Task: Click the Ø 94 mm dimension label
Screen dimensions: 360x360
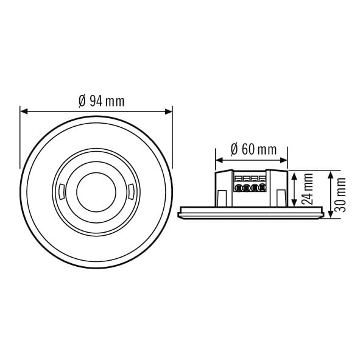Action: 102,101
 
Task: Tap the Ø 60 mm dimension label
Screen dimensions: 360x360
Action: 253,149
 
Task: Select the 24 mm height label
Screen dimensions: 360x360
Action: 308,189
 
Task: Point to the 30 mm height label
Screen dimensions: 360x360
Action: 340,195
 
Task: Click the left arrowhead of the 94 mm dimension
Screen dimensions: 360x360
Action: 24,112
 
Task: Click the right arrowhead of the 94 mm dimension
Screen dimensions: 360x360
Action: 168,112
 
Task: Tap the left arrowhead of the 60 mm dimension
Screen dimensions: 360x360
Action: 219,160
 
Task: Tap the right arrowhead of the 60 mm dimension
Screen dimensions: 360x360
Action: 283,160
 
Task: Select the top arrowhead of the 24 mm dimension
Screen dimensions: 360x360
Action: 294,175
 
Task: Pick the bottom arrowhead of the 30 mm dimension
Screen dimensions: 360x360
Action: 330,214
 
